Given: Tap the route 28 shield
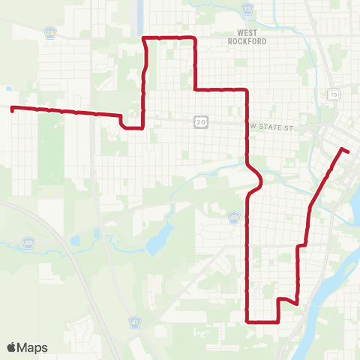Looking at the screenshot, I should [49, 33].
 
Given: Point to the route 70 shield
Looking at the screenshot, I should [332, 94].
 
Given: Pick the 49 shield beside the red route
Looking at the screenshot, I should [235, 217].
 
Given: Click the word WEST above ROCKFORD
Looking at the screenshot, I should [247, 33].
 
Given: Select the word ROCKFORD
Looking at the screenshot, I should [247, 42].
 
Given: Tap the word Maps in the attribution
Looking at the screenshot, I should [33, 347].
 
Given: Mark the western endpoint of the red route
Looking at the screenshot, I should [12, 109].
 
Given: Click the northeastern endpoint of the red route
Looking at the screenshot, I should [347, 151].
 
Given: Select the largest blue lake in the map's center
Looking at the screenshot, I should [157, 242].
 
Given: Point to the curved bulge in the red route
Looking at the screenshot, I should [259, 181].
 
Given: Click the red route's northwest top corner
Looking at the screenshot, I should [144, 37].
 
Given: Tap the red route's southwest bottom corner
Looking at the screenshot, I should [247, 321].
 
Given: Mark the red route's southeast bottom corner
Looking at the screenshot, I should [279, 321].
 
